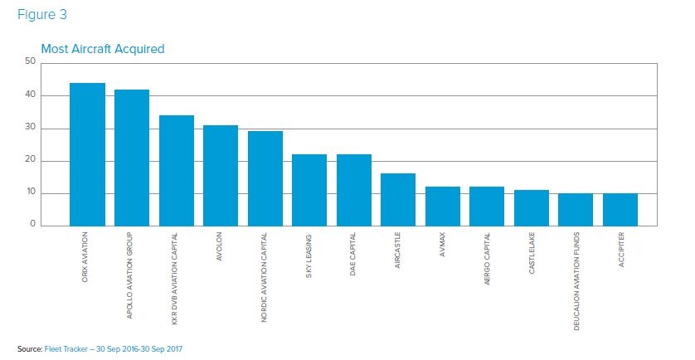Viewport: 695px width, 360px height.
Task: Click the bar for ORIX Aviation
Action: [87, 154]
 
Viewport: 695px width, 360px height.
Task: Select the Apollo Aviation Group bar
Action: [131, 158]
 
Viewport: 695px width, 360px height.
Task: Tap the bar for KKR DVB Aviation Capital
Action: [176, 171]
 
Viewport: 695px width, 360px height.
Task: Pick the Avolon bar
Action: [221, 176]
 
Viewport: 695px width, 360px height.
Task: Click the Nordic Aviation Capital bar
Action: [265, 179]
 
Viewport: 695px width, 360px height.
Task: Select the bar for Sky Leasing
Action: [309, 190]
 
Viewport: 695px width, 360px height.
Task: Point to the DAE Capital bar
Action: [354, 190]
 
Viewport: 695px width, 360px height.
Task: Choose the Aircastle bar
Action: [398, 200]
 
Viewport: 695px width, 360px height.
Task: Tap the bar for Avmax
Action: [443, 207]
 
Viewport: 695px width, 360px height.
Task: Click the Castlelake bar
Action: [532, 208]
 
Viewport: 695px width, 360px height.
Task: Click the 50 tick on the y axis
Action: [31, 61]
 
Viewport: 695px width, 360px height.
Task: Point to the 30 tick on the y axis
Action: [31, 128]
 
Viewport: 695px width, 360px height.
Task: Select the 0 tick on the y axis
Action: [33, 224]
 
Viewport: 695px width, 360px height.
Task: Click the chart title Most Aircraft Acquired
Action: [103, 49]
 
